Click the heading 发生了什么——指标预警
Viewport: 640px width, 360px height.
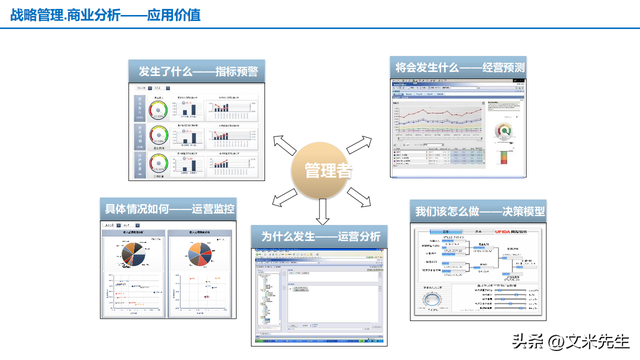point(197,71)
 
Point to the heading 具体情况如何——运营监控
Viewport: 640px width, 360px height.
point(170,209)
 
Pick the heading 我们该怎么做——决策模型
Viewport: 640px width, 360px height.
point(476,213)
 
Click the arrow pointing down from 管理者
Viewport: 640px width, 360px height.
point(322,212)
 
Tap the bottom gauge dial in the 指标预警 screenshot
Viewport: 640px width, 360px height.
point(158,163)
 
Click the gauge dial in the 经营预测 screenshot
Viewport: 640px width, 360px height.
point(505,131)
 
